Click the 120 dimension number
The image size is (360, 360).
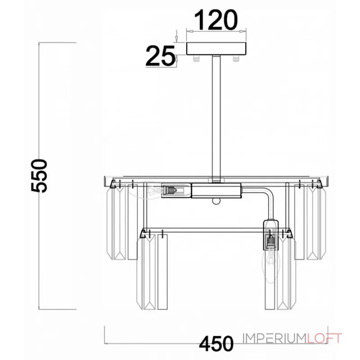[216, 20]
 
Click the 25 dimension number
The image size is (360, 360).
[160, 56]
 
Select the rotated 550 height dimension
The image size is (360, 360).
[39, 175]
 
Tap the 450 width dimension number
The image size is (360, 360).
[216, 343]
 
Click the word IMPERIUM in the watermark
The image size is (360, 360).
[275, 338]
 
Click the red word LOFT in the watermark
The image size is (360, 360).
[324, 338]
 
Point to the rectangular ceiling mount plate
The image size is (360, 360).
[216, 49]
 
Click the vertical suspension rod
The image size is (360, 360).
[216, 118]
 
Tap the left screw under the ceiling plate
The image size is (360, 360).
[196, 59]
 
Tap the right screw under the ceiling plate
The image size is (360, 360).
[236, 59]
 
